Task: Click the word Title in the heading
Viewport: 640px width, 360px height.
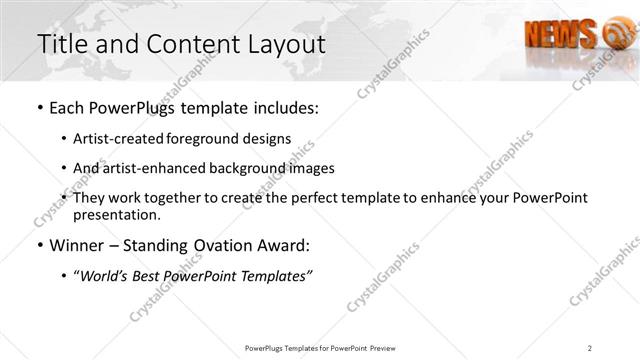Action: (62, 45)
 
